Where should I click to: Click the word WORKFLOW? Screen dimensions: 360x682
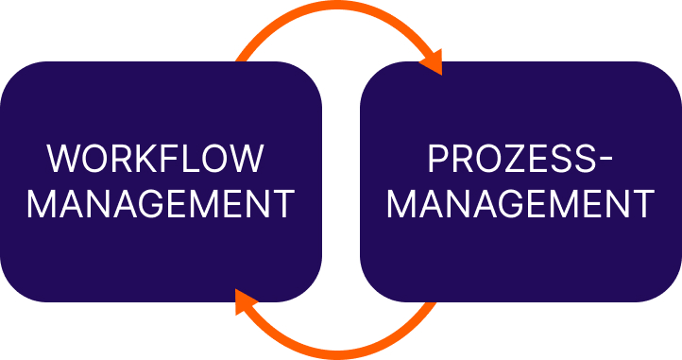(156, 159)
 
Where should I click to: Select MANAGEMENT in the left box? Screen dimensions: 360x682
(161, 204)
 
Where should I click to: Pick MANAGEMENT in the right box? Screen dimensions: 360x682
(521, 204)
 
